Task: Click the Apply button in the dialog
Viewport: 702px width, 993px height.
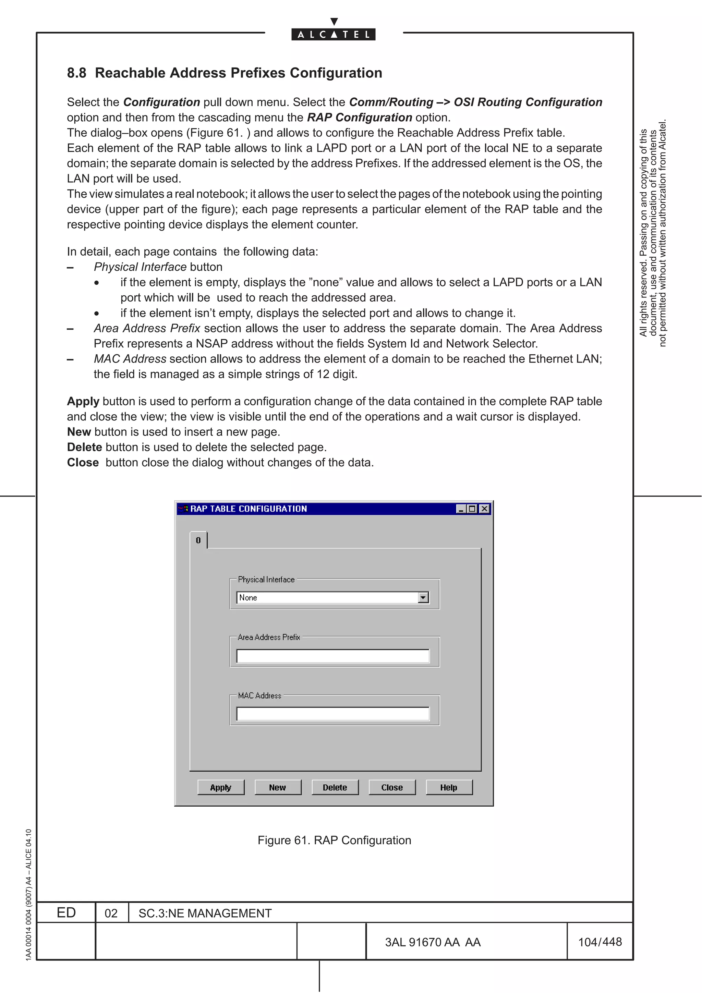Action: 221,787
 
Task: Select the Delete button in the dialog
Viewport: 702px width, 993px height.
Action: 335,787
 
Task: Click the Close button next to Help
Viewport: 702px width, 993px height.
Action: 392,787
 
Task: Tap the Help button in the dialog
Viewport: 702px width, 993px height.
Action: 449,787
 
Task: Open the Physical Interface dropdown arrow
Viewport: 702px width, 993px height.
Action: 423,597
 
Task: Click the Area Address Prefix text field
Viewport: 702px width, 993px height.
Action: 332,655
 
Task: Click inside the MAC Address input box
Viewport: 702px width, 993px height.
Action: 332,714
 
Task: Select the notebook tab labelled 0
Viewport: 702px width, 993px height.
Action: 198,540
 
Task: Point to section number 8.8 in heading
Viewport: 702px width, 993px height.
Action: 76,73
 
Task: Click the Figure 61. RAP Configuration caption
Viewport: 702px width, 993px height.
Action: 334,840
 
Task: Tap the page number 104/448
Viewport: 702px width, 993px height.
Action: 600,942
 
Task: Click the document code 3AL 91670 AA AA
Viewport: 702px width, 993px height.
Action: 433,942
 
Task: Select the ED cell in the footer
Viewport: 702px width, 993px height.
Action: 66,912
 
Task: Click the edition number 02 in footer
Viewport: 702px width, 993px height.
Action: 111,913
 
